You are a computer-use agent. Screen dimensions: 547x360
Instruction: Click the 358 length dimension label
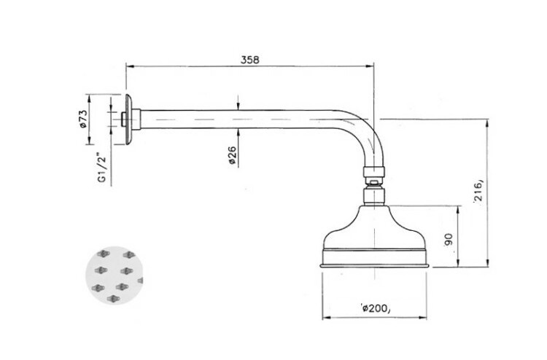click(249, 60)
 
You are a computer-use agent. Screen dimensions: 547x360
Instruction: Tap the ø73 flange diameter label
click(82, 120)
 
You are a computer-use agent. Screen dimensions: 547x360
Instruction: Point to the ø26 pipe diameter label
click(232, 155)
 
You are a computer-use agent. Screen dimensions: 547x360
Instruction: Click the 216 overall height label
click(478, 191)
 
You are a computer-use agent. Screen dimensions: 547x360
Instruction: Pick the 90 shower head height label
click(449, 240)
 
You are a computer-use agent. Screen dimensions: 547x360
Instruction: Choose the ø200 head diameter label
click(375, 308)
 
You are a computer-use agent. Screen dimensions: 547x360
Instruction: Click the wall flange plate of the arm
click(128, 120)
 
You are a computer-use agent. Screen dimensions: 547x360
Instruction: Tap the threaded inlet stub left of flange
click(123, 120)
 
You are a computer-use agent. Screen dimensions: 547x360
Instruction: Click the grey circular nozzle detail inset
click(115, 275)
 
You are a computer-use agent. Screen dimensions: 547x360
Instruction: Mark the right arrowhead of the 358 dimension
click(370, 66)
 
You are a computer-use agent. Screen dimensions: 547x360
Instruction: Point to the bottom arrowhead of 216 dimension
click(488, 263)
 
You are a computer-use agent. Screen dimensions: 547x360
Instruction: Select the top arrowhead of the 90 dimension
click(458, 210)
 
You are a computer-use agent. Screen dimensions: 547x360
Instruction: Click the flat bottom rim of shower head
click(374, 266)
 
